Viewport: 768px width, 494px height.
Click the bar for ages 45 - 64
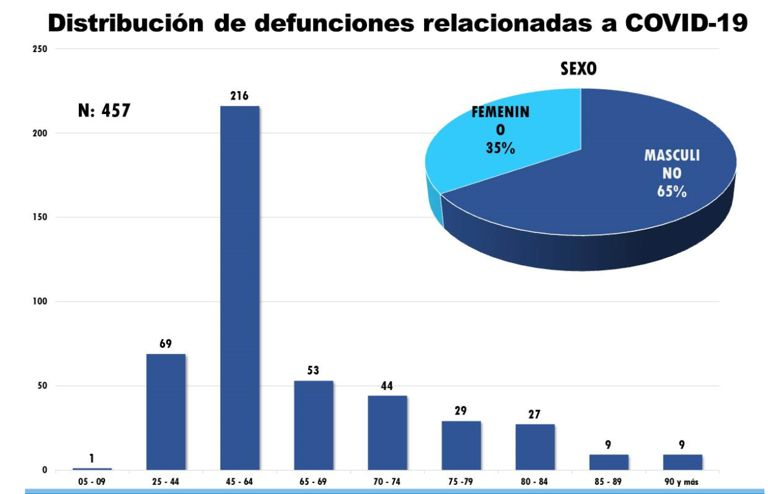tap(240, 288)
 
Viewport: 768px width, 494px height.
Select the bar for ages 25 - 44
tap(166, 412)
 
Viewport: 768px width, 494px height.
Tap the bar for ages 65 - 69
tap(314, 425)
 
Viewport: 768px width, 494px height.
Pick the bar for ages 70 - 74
tap(387, 433)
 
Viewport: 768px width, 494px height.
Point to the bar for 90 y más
tap(682, 462)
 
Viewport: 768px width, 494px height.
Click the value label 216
tap(240, 96)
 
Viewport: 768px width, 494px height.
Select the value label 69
tap(166, 343)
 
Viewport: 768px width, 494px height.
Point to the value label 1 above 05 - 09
tap(92, 458)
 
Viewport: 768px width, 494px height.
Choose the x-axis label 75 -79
tap(461, 482)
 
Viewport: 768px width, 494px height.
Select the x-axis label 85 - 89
tap(608, 482)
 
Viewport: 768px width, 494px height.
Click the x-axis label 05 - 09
tap(92, 482)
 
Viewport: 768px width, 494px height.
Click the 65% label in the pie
tap(672, 191)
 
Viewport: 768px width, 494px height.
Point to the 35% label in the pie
tap(500, 147)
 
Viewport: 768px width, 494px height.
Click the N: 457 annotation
tap(104, 111)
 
